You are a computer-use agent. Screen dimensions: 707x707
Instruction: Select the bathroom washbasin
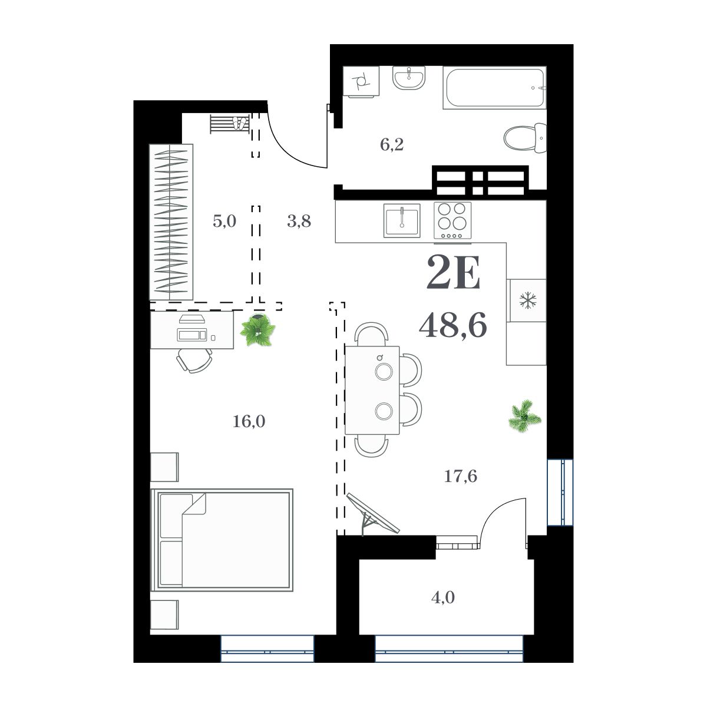pyautogui.click(x=408, y=78)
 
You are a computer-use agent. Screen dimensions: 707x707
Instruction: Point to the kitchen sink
pyautogui.click(x=401, y=219)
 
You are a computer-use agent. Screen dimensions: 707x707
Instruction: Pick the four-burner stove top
pyautogui.click(x=452, y=220)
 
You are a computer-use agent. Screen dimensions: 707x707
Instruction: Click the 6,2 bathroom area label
pyautogui.click(x=391, y=145)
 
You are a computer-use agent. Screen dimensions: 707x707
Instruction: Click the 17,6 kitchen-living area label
pyautogui.click(x=460, y=475)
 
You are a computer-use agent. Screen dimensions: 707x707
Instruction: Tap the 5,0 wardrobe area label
pyautogui.click(x=224, y=222)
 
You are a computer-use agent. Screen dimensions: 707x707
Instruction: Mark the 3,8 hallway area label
pyautogui.click(x=299, y=222)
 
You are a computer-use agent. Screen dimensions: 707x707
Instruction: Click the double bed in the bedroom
pyautogui.click(x=223, y=539)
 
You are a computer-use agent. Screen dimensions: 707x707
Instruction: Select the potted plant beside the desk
pyautogui.click(x=257, y=330)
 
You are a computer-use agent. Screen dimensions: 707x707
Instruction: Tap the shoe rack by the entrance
pyautogui.click(x=230, y=124)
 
